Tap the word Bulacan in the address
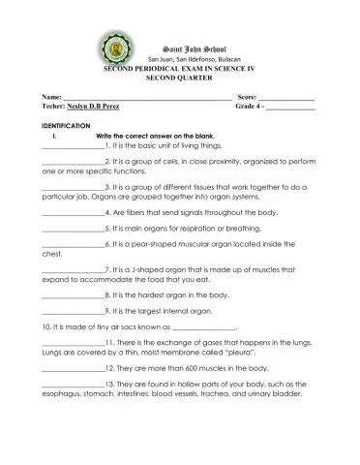click(x=225, y=60)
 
